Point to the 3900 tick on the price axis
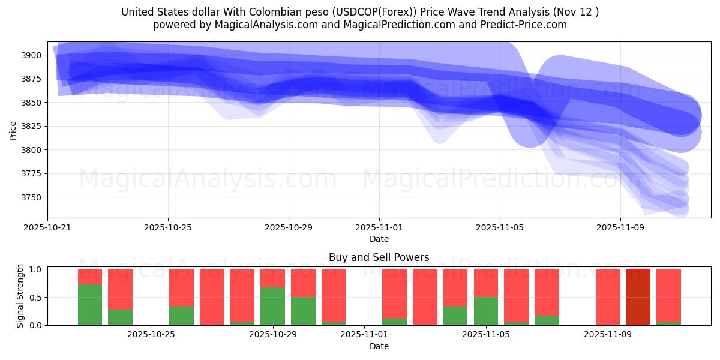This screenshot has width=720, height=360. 32,55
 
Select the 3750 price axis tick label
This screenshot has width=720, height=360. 32,197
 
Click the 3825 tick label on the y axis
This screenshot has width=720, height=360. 32,127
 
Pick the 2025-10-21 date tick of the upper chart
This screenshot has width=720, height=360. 47,228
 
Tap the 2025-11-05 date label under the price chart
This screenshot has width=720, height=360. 500,228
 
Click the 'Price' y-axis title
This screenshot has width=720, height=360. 13,130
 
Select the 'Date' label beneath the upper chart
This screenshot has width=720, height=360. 379,239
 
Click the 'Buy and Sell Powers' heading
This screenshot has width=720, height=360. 379,257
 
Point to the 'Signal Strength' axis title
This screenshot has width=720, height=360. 20,296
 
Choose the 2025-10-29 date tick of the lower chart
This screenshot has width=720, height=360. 273,335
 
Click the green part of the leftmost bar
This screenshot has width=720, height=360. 90,305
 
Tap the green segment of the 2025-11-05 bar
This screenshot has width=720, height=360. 486,311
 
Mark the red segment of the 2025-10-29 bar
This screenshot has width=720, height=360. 273,278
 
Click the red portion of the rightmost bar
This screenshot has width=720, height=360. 668,295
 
